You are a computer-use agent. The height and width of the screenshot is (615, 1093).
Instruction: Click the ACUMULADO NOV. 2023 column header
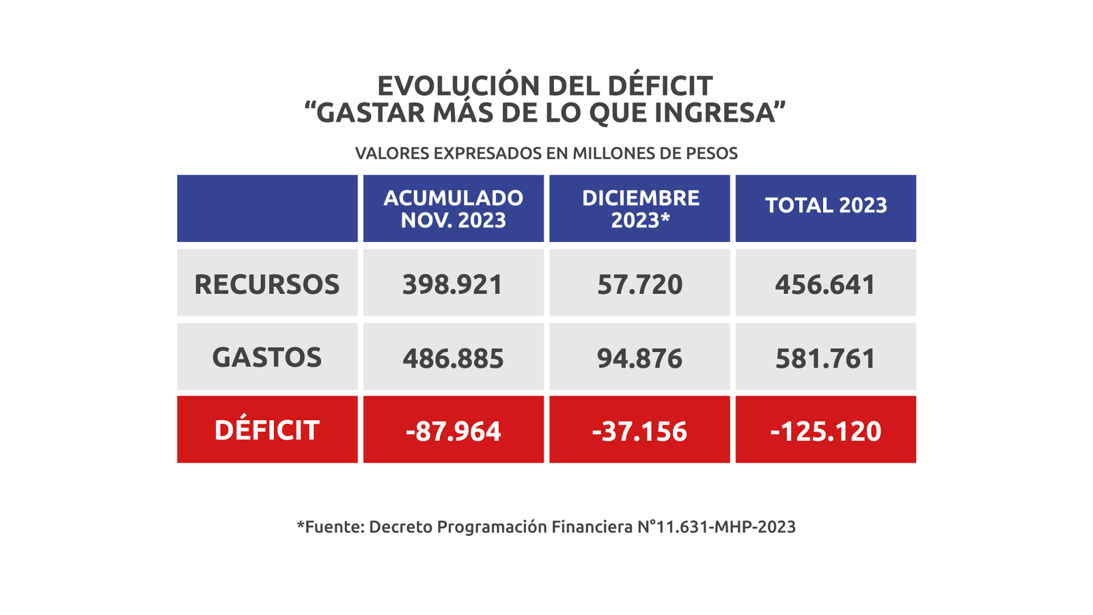(453, 208)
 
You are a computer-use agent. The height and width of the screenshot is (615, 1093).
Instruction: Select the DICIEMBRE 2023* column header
(640, 208)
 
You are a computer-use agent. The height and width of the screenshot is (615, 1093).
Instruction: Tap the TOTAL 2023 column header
(825, 206)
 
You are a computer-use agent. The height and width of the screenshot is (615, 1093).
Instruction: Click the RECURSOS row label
(267, 284)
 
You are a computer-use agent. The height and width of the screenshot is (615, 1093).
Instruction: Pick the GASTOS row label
(267, 357)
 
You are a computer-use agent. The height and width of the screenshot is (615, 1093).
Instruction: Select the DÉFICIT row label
(267, 430)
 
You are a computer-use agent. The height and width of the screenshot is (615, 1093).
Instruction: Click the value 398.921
(453, 284)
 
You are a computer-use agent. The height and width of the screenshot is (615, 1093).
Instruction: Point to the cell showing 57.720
(640, 284)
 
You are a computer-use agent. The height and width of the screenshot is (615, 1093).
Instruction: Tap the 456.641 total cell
(825, 284)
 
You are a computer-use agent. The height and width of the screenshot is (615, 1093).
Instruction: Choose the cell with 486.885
(453, 358)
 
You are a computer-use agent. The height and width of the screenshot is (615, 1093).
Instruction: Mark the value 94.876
(640, 358)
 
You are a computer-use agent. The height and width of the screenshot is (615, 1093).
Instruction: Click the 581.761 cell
(825, 358)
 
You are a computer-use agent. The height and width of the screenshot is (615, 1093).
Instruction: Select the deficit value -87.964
(453, 431)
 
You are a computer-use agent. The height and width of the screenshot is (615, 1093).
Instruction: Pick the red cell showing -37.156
(640, 431)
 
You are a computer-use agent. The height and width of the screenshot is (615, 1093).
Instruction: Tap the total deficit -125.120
(825, 431)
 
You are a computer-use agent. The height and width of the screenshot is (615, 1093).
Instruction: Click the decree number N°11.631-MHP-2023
(717, 527)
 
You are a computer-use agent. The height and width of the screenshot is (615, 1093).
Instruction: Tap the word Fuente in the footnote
(334, 527)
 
